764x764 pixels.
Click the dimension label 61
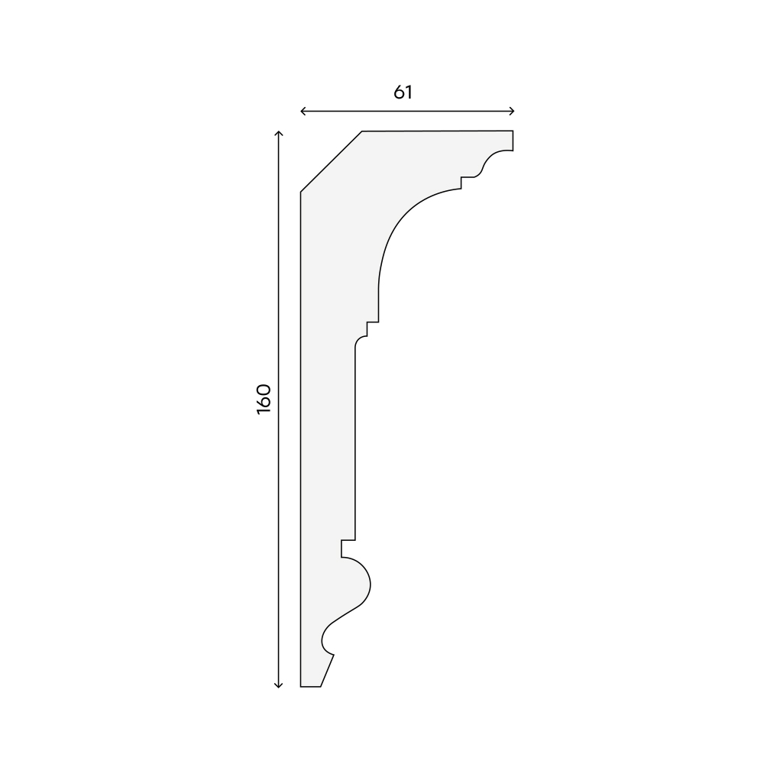tap(403, 92)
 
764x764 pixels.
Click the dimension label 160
tap(264, 399)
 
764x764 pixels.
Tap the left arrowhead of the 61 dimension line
tap(303, 112)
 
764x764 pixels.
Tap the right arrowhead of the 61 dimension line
tap(512, 112)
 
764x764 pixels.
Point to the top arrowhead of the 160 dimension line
tap(278, 133)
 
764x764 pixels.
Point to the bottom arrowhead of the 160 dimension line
tap(278, 685)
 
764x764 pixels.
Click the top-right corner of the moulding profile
tap(513, 131)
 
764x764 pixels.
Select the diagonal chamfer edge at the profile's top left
tap(332, 161)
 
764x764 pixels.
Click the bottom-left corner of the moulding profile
tap(300, 687)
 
